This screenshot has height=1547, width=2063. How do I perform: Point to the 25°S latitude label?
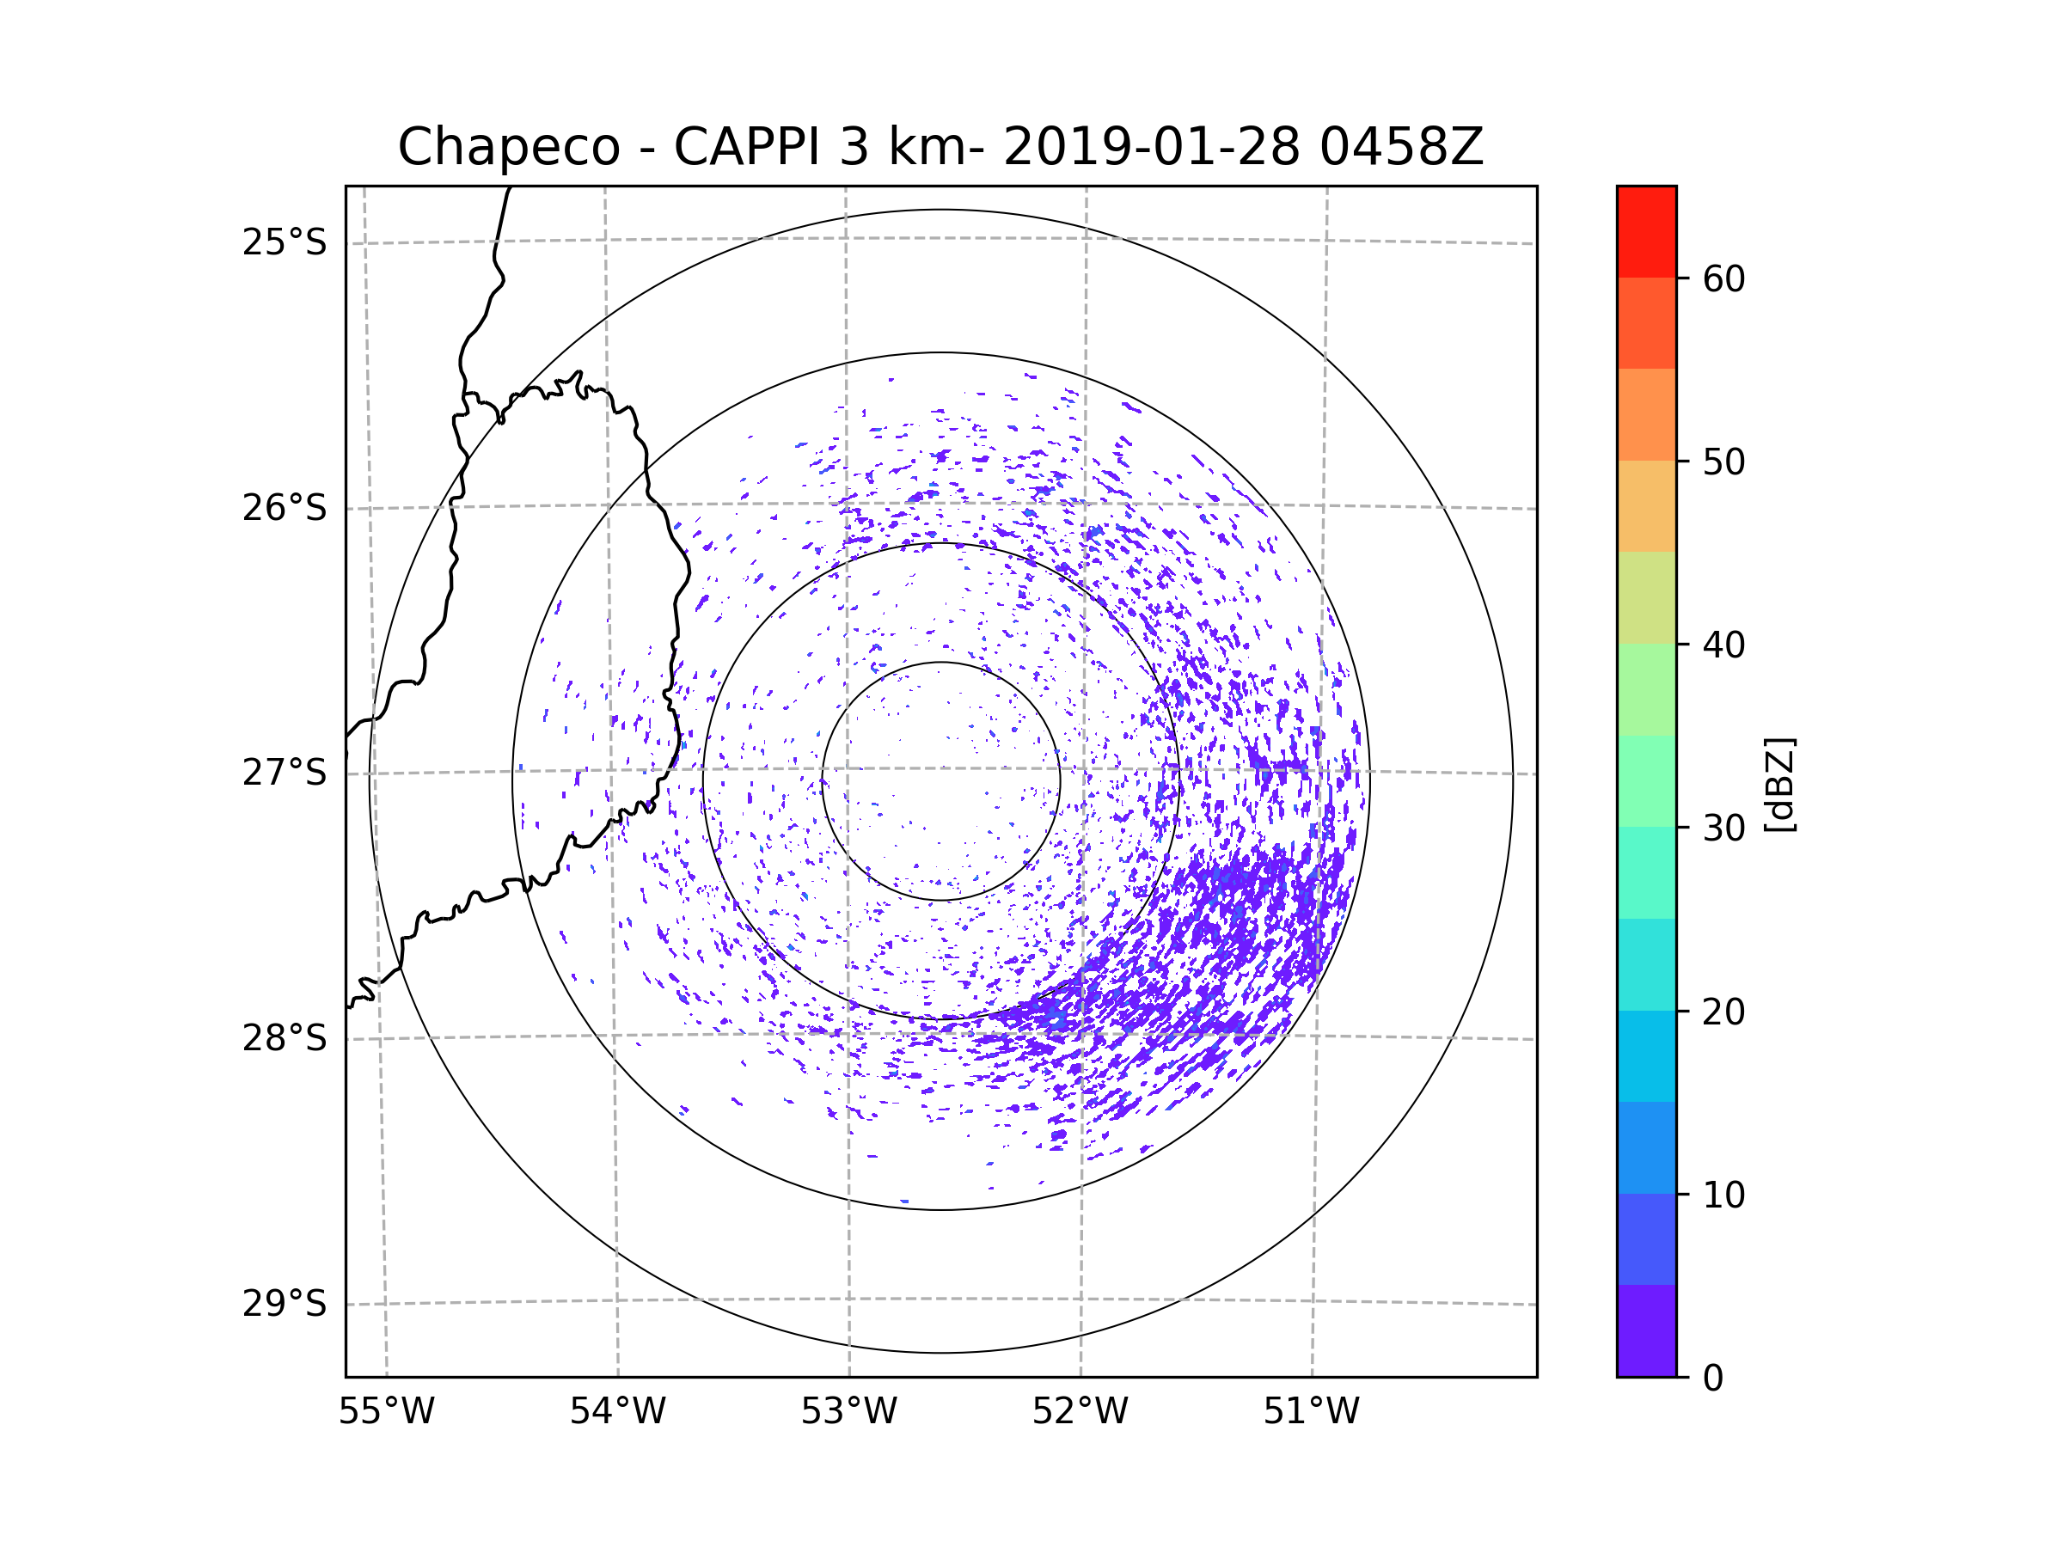click(x=285, y=242)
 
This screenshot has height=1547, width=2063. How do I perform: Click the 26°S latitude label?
click(x=285, y=508)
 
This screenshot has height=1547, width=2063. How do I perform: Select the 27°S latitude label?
click(x=285, y=773)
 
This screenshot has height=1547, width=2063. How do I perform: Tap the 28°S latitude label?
click(x=285, y=1038)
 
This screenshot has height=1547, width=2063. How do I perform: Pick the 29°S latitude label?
click(x=285, y=1304)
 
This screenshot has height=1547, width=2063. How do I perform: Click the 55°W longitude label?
click(x=386, y=1412)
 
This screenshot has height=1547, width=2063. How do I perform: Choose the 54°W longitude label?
click(x=617, y=1412)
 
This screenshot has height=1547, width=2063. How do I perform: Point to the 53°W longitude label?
click(x=848, y=1412)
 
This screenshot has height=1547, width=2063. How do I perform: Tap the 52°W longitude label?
click(x=1080, y=1412)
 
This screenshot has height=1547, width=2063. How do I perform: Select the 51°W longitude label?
click(x=1311, y=1412)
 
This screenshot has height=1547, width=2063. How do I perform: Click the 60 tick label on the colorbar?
click(x=1723, y=278)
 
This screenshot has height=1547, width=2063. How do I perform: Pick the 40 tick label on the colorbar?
click(x=1723, y=645)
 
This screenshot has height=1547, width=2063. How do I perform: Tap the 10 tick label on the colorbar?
click(x=1723, y=1195)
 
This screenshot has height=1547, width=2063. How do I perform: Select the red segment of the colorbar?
click(x=1646, y=231)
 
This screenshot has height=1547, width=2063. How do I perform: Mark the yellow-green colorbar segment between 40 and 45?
click(x=1646, y=597)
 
